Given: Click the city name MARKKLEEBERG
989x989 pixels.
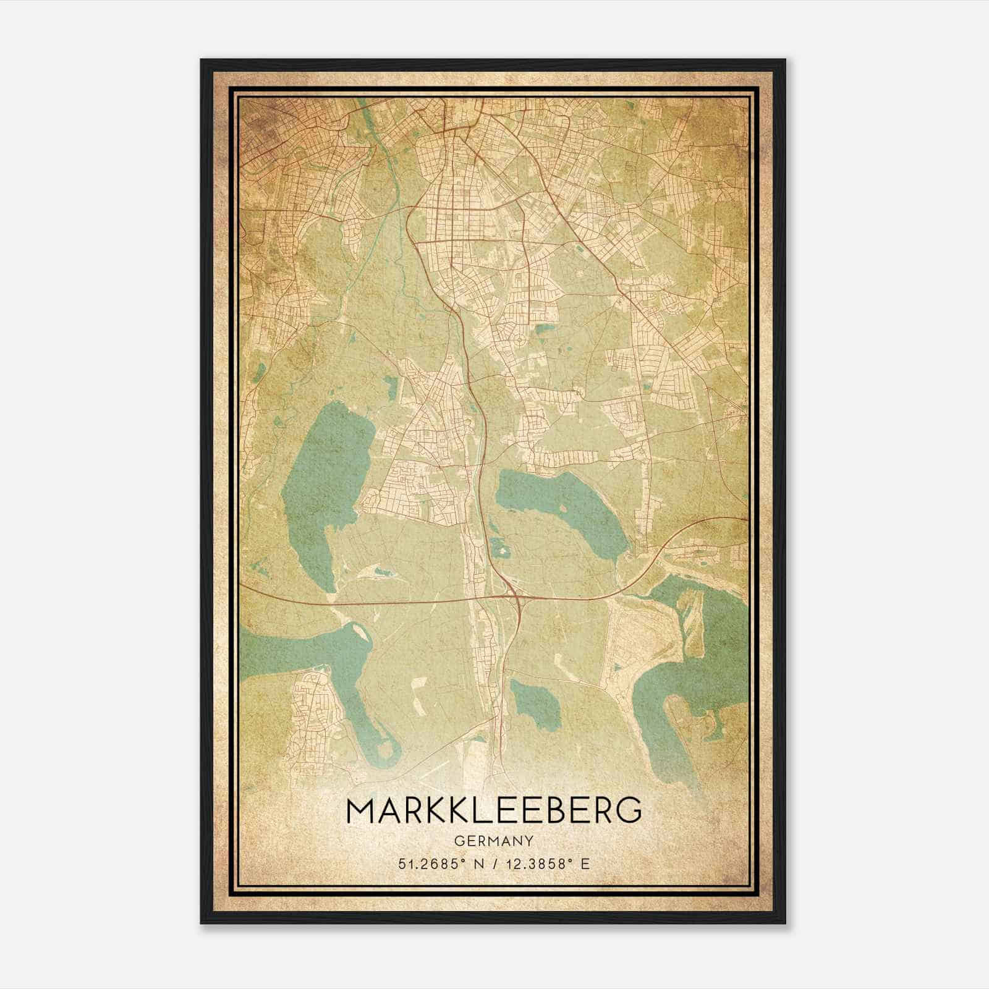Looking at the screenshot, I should (494, 810).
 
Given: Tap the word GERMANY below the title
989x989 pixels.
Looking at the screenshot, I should (494, 841).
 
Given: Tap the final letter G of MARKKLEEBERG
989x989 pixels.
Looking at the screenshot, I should (629, 810).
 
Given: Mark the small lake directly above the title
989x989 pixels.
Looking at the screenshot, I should (535, 705).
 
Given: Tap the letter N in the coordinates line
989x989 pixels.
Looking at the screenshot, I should (475, 863).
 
